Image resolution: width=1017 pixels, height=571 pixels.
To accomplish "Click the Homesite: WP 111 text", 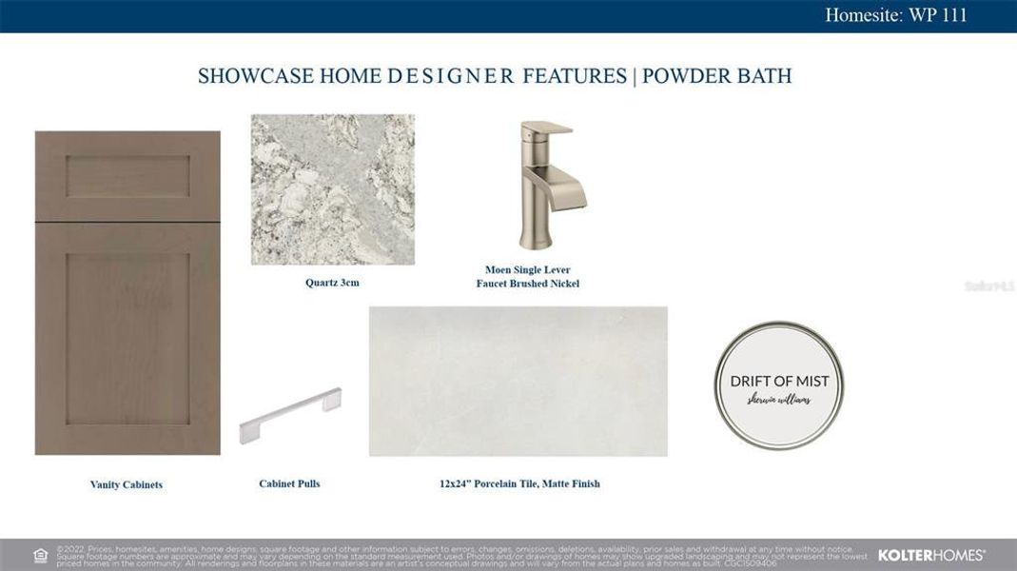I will (x=895, y=15).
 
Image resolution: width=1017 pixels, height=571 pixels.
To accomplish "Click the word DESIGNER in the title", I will (x=451, y=76).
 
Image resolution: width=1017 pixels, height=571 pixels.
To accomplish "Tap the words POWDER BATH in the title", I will (x=716, y=76).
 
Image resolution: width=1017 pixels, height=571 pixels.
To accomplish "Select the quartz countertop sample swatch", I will (x=332, y=189).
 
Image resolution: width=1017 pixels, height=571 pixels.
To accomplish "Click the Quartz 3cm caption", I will (x=332, y=283).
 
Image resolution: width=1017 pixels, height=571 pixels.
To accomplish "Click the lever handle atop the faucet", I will (x=549, y=131).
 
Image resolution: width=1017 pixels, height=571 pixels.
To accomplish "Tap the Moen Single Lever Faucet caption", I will (x=527, y=277).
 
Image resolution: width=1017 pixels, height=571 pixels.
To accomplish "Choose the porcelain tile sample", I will (x=518, y=381).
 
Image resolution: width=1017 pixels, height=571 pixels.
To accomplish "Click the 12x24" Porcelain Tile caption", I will (x=519, y=483).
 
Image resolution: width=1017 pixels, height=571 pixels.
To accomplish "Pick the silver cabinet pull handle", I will (x=290, y=416).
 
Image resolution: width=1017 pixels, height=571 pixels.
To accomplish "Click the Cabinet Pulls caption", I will (x=289, y=483).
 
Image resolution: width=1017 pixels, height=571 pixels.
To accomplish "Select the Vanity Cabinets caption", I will (x=127, y=484).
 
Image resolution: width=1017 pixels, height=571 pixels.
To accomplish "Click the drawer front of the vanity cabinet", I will (x=127, y=176).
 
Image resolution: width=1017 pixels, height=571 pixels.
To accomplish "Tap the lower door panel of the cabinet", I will (x=127, y=338).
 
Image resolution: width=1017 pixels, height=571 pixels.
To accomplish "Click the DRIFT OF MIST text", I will (x=779, y=381).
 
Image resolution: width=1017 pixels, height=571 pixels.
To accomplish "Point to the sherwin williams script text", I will (x=779, y=401).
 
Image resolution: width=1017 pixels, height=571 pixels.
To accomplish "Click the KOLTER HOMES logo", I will (x=930, y=555).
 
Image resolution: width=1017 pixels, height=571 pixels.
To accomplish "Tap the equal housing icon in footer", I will (x=41, y=555).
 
